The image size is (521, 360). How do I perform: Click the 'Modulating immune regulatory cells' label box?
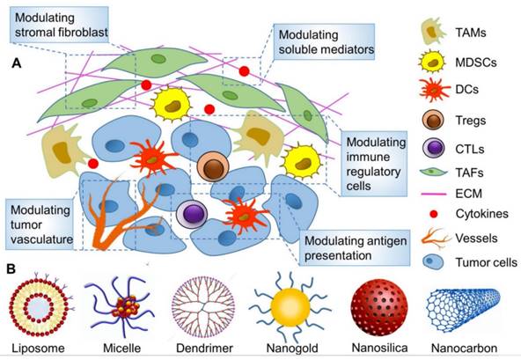point(375,155)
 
